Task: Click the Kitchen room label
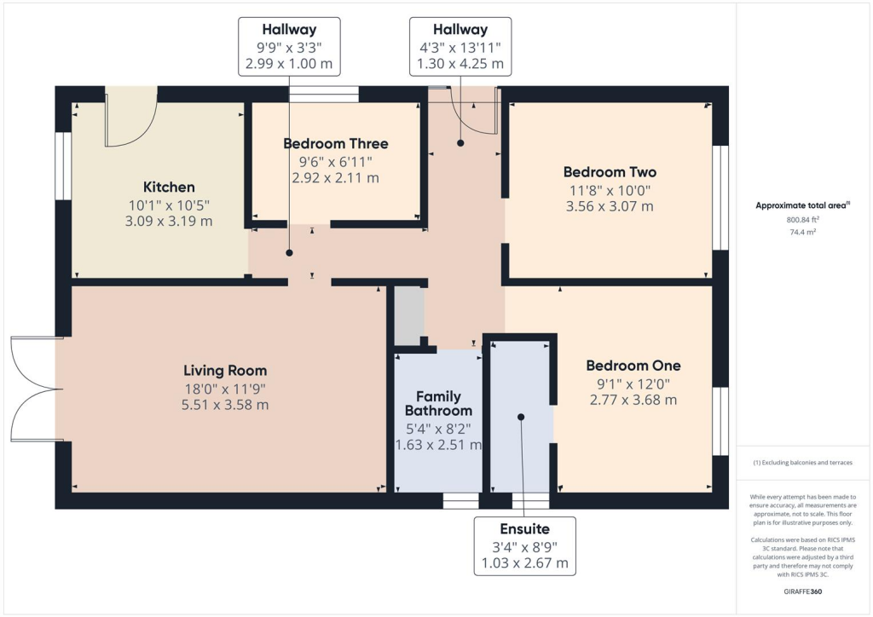[169, 187]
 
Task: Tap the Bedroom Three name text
[336, 144]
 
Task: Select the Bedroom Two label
[610, 172]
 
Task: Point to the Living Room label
[225, 371]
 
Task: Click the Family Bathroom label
[438, 404]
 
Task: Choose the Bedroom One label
[633, 366]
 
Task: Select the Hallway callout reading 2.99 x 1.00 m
[289, 46]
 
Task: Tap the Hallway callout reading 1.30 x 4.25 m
[460, 46]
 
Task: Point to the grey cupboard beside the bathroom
[408, 315]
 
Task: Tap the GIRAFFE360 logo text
[804, 591]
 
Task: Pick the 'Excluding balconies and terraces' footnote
[804, 463]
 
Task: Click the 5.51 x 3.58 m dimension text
[225, 405]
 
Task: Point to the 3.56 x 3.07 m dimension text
[610, 206]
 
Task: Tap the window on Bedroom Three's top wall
[324, 94]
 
